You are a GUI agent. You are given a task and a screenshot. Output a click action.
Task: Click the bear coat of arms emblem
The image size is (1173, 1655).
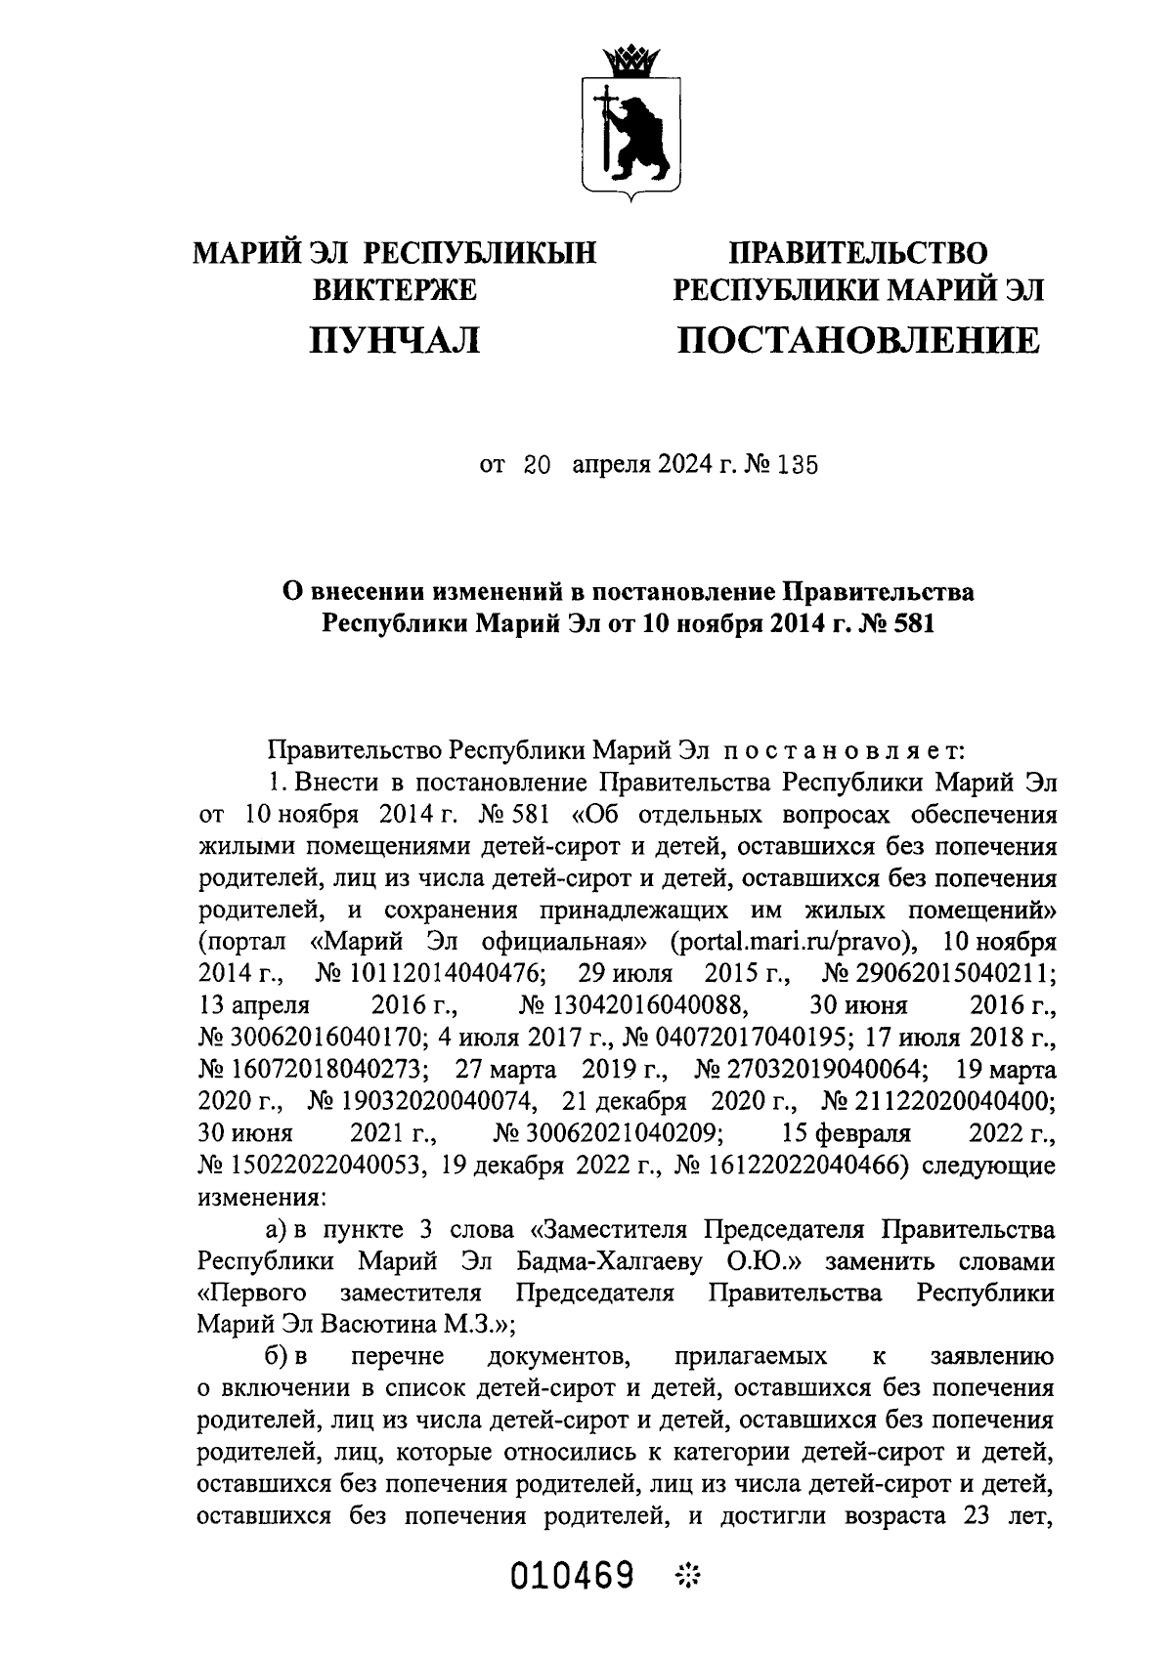(628, 137)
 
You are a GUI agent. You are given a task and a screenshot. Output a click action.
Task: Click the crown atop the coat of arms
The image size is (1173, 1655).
(628, 64)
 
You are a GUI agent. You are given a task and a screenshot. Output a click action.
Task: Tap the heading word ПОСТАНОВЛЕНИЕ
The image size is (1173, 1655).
(859, 340)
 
